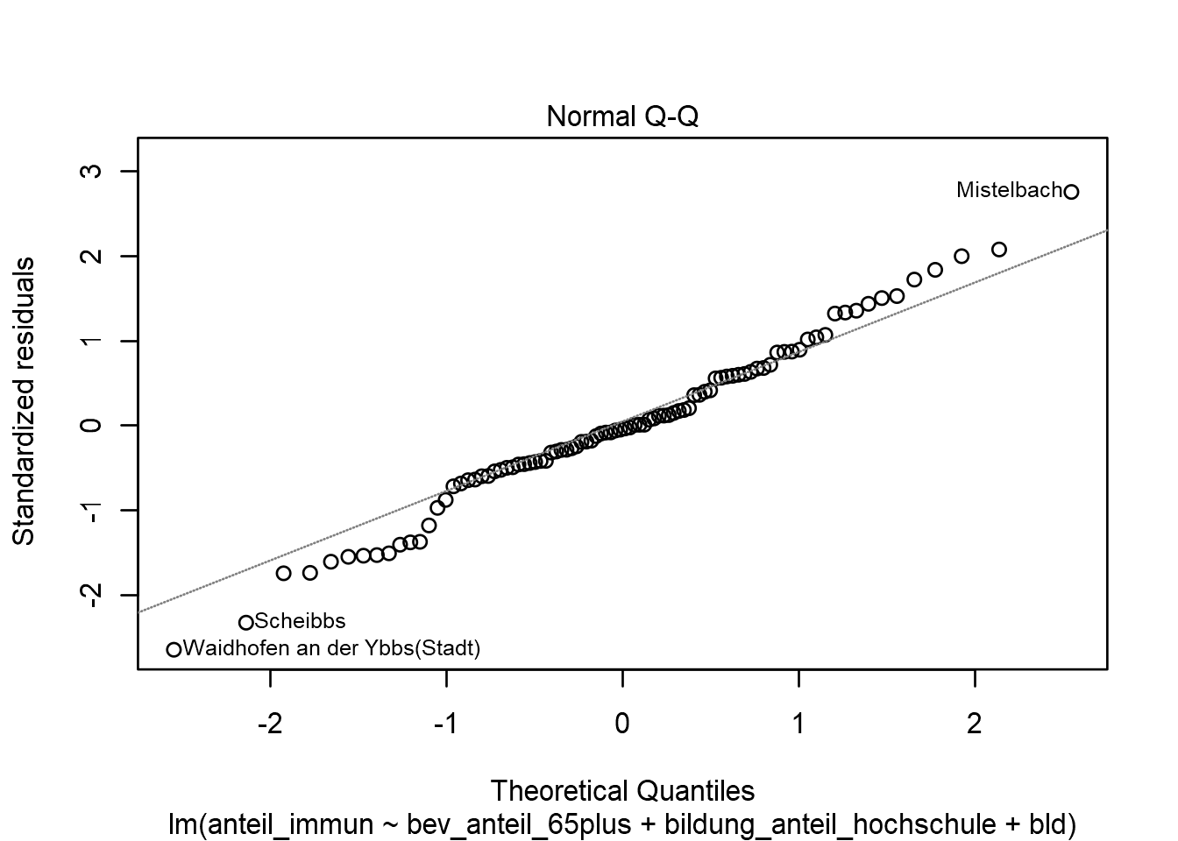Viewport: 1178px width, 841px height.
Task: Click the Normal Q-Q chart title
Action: [x=622, y=117]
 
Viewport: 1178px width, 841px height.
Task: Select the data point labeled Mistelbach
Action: [x=1071, y=191]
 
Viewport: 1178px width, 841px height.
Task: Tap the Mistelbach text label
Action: [x=1008, y=190]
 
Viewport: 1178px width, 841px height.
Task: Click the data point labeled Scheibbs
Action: [x=246, y=622]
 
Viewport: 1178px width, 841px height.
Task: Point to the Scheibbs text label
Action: [x=300, y=622]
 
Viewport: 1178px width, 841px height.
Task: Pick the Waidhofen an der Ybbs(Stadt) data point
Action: [x=174, y=649]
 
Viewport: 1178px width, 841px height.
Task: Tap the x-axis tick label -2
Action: [x=270, y=724]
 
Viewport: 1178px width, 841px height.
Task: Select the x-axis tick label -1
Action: [x=446, y=724]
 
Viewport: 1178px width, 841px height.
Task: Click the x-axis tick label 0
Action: [x=622, y=724]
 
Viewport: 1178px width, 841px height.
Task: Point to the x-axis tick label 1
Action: [x=798, y=724]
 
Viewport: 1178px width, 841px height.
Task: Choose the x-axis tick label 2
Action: [x=975, y=724]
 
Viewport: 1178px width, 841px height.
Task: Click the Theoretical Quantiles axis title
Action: [x=622, y=791]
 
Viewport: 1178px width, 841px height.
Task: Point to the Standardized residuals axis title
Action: [x=25, y=400]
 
